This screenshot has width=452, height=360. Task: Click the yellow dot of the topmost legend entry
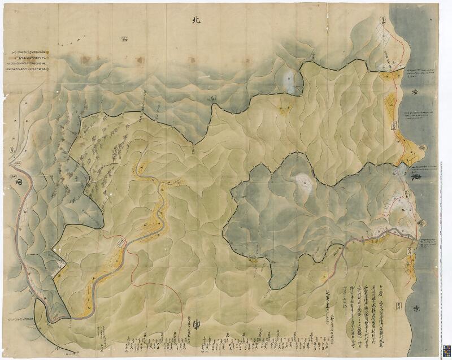click(49, 52)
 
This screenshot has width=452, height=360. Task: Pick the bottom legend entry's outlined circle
click(49, 69)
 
